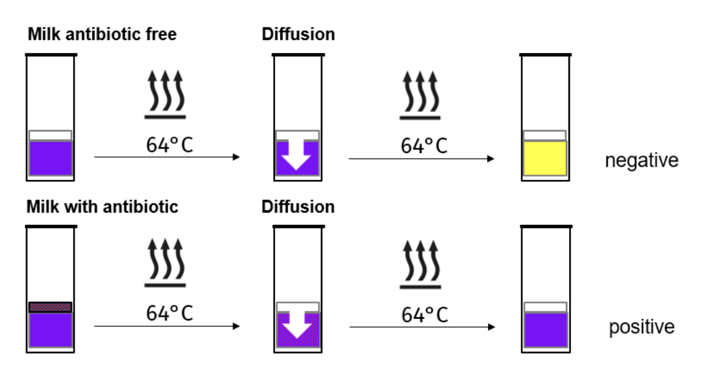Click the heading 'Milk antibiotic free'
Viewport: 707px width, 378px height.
pos(102,34)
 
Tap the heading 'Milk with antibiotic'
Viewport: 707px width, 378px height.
pos(102,207)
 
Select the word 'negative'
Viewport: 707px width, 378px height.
pos(641,160)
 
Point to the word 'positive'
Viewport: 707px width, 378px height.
pos(641,327)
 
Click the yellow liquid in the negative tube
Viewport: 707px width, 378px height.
pos(545,158)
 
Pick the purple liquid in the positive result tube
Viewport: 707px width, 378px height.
pos(545,330)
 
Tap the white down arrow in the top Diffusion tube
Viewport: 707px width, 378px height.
pos(297,154)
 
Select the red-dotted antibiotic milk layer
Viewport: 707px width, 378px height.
pos(50,307)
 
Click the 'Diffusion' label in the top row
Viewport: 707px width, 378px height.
pos(299,34)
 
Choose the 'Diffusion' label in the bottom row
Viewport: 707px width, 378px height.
pos(299,207)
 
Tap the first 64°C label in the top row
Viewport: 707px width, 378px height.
pos(169,145)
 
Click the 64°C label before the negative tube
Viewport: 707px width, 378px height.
pos(424,145)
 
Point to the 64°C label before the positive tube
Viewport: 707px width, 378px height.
pos(424,315)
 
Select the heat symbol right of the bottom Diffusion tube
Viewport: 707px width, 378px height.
pos(421,264)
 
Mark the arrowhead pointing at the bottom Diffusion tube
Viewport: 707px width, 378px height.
pos(237,326)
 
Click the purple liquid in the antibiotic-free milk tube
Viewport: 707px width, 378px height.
pos(50,158)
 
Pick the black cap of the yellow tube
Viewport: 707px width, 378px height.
pos(545,54)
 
